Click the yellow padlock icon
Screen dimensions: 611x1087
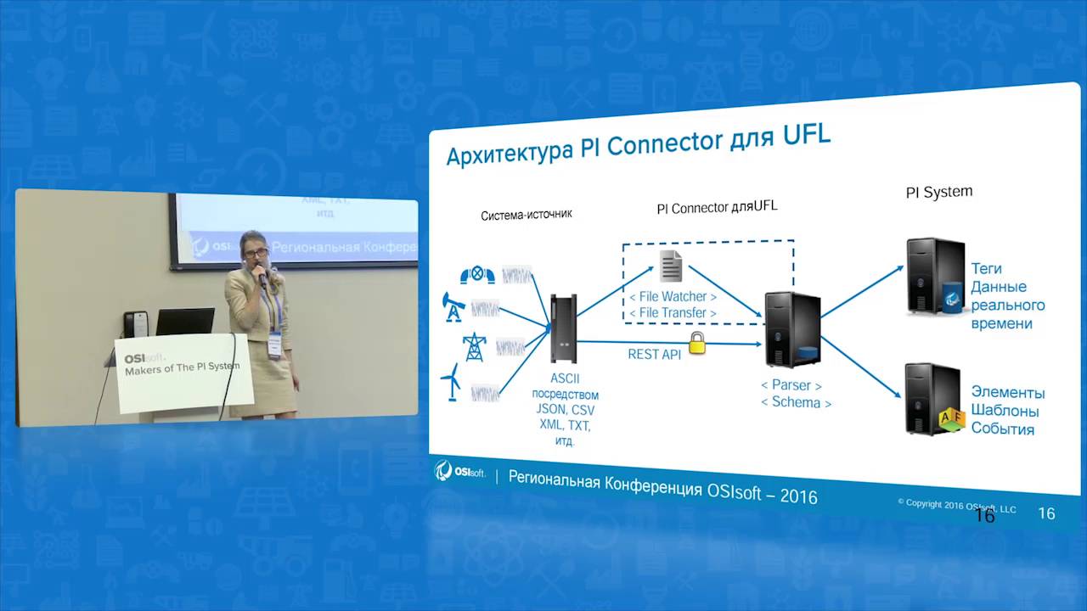696,343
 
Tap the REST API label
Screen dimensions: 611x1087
654,354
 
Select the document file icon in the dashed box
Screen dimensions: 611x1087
671,266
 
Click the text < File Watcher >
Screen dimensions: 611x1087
673,296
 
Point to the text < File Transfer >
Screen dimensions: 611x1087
673,313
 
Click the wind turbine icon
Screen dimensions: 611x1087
452,383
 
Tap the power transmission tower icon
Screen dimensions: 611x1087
474,346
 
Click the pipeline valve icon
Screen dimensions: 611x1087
477,274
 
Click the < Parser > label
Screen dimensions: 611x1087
791,385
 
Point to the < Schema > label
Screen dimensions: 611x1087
796,402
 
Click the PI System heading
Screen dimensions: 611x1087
938,193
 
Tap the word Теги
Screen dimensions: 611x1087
986,269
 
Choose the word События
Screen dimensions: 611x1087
1002,429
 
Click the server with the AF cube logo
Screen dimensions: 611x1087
933,398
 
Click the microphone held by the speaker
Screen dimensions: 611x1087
261,274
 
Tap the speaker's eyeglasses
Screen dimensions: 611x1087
255,252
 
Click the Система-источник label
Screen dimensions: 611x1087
526,215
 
